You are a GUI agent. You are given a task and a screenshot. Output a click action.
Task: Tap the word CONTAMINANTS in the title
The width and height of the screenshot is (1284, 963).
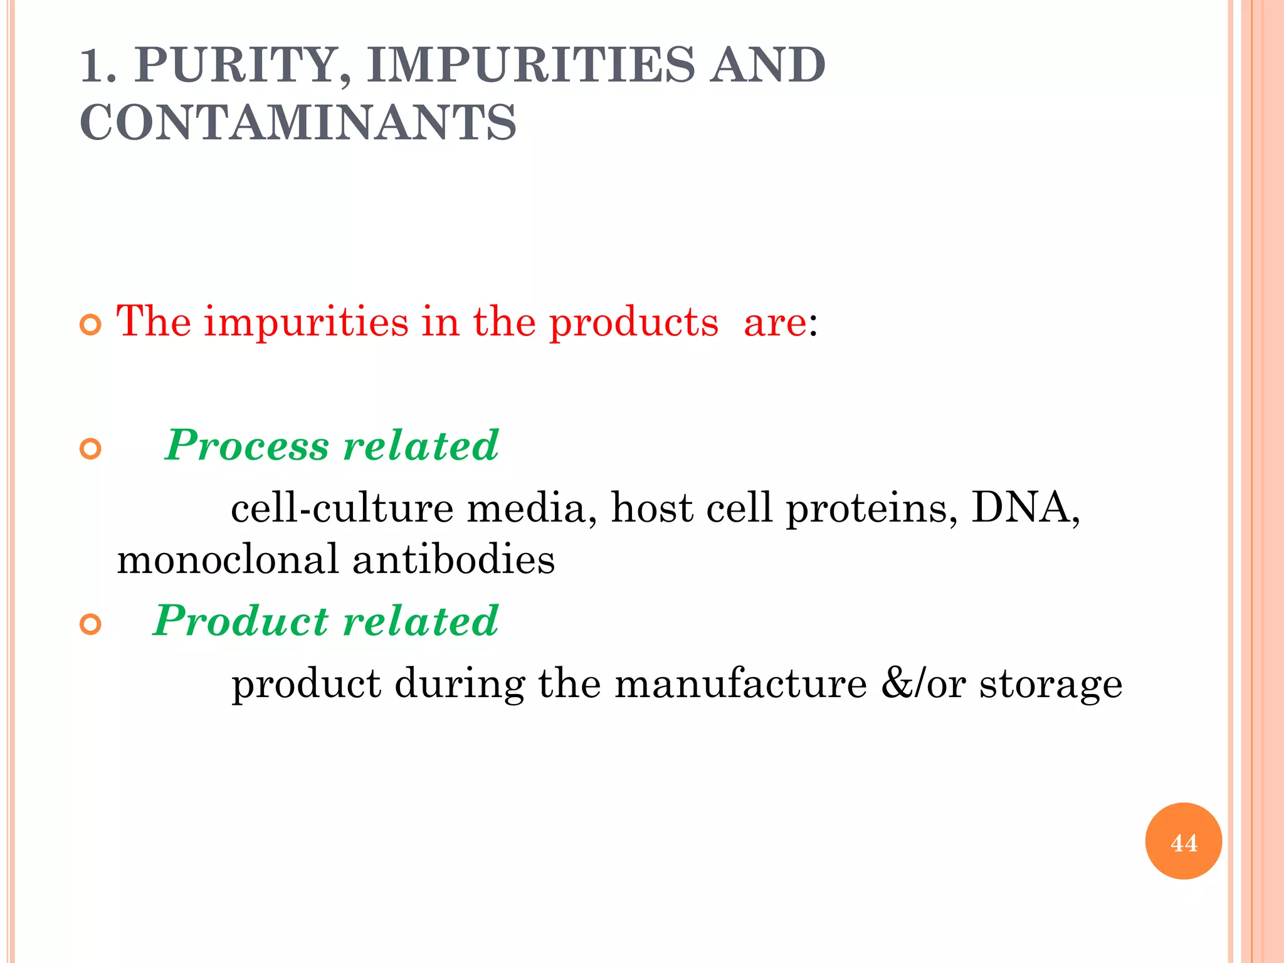[298, 122]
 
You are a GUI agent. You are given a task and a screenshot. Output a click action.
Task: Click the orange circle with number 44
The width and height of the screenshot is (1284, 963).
[1183, 841]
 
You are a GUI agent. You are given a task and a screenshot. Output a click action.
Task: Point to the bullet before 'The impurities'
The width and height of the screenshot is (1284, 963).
[91, 325]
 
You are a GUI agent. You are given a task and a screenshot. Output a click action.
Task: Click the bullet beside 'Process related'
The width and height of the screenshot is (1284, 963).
[91, 450]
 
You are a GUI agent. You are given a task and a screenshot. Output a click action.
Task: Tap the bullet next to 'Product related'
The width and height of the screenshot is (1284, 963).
[91, 625]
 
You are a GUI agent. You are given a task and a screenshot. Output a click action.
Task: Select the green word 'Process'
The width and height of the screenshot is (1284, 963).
[247, 446]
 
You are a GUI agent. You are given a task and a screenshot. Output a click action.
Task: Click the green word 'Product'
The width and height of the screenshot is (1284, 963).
[241, 621]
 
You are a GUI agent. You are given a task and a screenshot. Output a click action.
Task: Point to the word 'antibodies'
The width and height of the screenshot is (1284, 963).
[453, 559]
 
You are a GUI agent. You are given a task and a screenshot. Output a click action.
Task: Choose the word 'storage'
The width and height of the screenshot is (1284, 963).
[1051, 685]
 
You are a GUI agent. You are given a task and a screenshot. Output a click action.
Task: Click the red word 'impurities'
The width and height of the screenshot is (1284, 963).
[306, 322]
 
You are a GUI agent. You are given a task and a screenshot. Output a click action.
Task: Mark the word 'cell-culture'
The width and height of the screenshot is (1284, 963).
[342, 508]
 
